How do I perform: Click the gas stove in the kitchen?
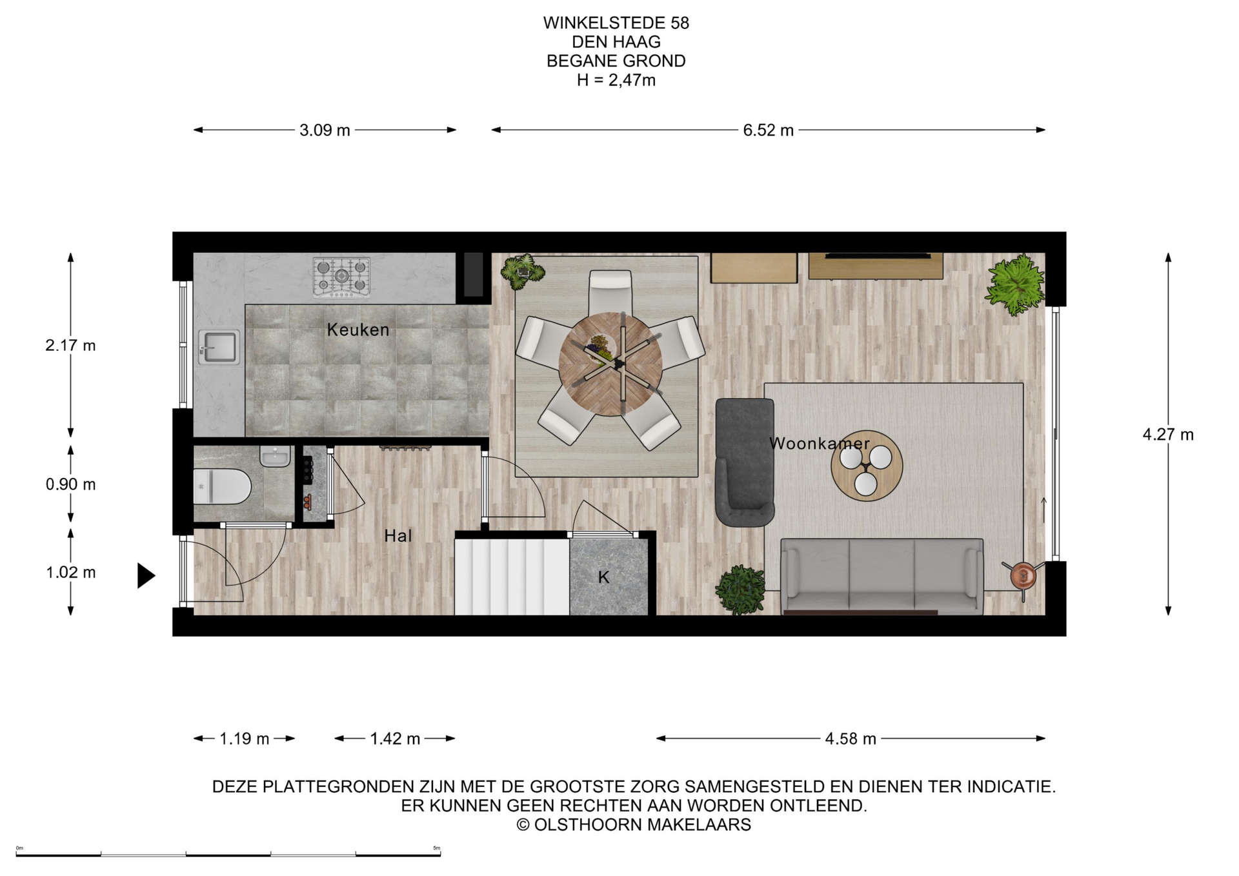(x=341, y=277)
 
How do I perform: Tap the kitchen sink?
(x=219, y=347)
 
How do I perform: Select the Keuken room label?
(x=358, y=330)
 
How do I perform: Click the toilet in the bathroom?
(x=222, y=486)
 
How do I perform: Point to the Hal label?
(x=398, y=535)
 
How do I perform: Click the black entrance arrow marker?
(x=146, y=575)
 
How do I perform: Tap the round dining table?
(x=610, y=364)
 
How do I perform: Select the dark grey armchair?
(x=745, y=462)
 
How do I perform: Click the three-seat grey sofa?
(x=882, y=576)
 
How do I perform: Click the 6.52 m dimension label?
(x=768, y=130)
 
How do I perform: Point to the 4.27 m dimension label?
(x=1168, y=435)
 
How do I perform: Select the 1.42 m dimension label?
(x=395, y=739)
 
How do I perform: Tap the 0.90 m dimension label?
(x=70, y=484)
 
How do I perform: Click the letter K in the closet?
(x=603, y=577)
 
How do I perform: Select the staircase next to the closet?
(x=512, y=577)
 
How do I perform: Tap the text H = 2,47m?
(x=616, y=81)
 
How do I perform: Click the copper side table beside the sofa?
(x=1023, y=575)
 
